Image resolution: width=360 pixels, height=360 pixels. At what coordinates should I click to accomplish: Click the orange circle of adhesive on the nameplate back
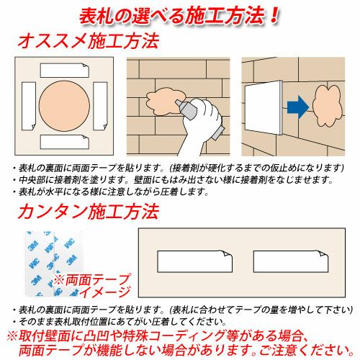point(64,106)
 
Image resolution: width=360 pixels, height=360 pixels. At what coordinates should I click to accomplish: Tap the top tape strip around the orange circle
point(65,71)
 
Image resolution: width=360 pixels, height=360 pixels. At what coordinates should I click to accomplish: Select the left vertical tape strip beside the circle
point(29,106)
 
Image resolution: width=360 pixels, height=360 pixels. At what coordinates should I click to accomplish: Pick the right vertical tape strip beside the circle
point(100,106)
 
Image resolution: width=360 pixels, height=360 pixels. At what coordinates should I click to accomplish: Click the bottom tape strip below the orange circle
point(65,142)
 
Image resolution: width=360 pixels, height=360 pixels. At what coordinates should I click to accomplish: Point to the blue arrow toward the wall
point(298,107)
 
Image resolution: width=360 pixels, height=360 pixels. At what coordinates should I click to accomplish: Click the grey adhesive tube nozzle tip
point(177,102)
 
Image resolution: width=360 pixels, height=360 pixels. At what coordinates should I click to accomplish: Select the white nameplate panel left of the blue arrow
point(264,107)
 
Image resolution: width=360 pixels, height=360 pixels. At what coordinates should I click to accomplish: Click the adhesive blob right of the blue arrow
point(326,106)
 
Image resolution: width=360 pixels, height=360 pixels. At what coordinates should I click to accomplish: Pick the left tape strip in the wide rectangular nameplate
point(195,261)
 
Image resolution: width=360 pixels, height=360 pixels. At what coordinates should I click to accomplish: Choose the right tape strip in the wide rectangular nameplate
point(291,261)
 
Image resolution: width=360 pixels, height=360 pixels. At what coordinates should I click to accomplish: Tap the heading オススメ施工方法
point(89,41)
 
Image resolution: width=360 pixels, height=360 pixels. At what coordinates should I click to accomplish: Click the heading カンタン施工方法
point(89,212)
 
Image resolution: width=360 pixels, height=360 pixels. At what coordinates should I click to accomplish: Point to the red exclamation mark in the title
point(274,16)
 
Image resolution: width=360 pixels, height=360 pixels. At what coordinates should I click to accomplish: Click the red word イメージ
point(105,292)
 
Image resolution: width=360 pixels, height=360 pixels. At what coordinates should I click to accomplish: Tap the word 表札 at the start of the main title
point(96,17)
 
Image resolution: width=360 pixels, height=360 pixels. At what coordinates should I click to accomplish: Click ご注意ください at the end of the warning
point(307,351)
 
